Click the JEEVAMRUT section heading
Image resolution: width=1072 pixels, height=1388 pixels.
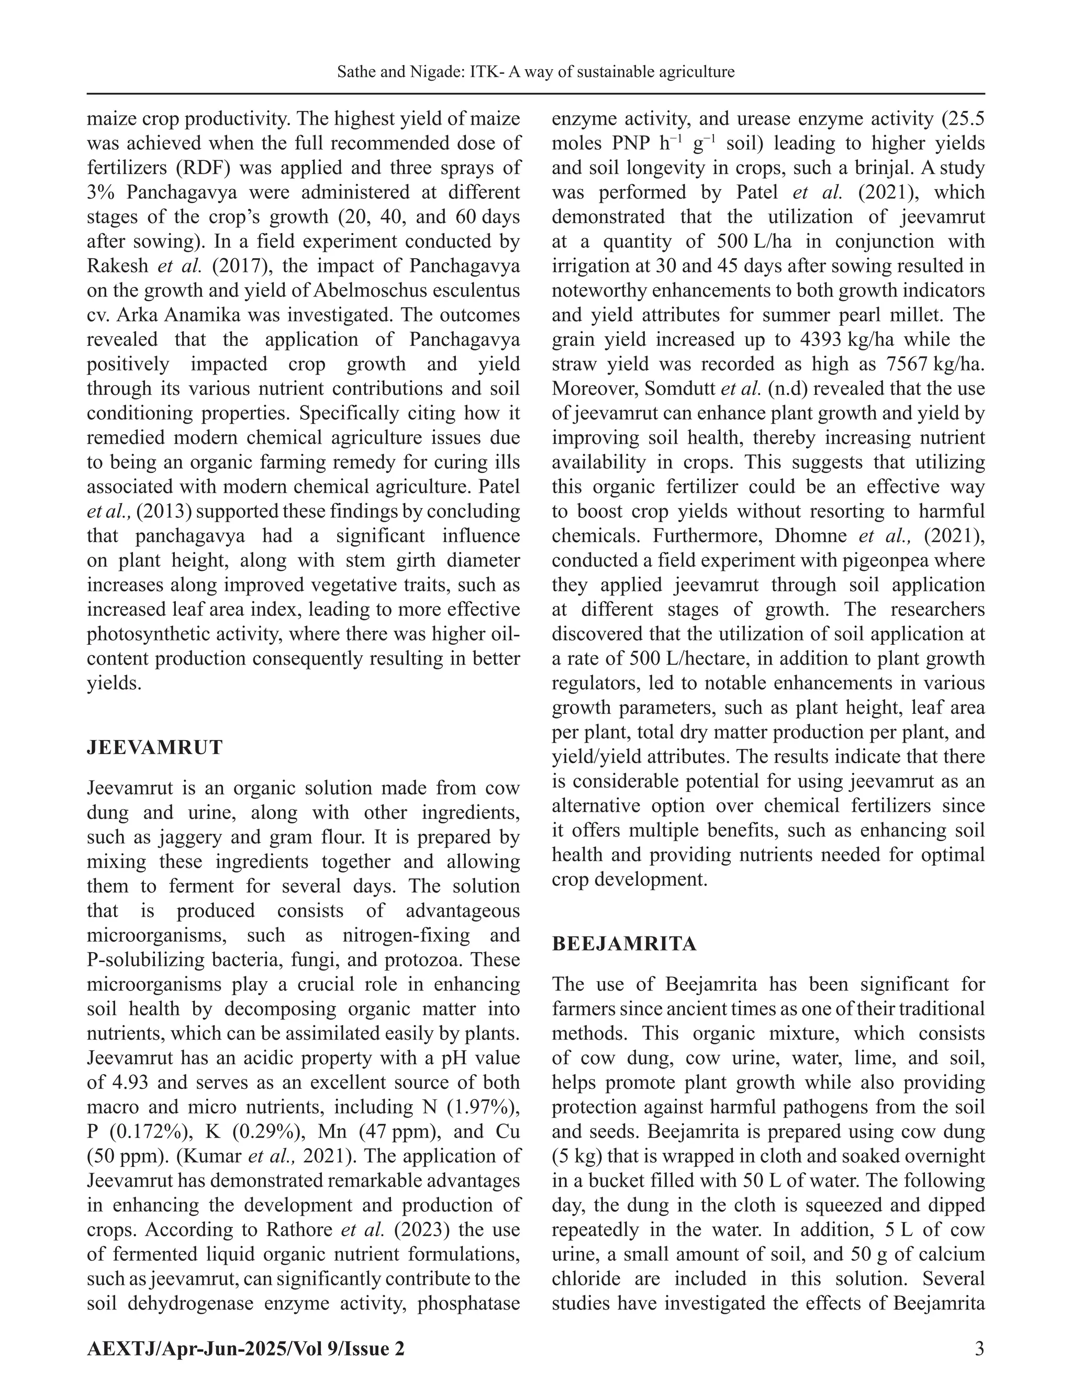[x=154, y=747]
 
